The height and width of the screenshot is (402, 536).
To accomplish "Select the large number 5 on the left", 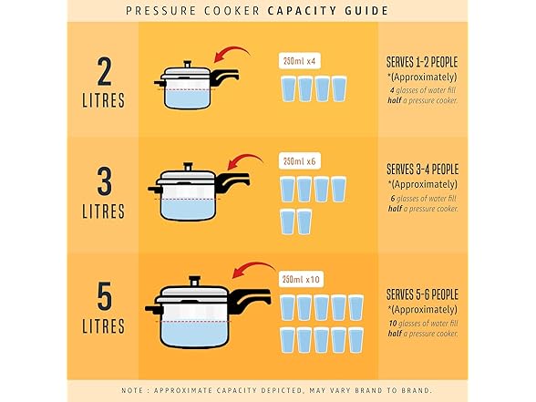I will tap(104, 294).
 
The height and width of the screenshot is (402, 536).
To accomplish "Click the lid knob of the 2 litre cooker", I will tap(187, 62).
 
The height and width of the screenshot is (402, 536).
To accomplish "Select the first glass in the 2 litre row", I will tap(288, 89).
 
